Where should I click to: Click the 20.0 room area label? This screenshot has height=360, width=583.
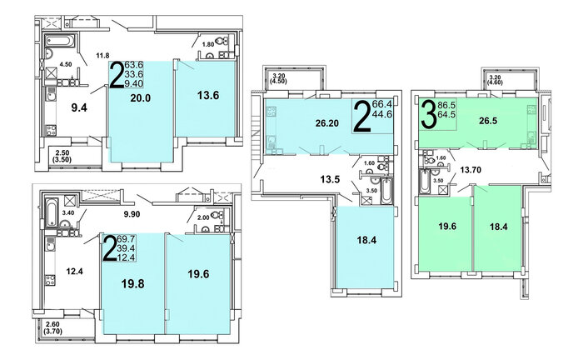click(140, 98)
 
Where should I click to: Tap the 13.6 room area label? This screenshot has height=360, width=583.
click(208, 96)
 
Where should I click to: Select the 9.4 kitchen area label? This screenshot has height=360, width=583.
click(79, 107)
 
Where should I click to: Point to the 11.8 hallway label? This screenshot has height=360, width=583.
click(102, 56)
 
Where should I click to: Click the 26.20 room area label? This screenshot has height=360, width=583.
click(327, 123)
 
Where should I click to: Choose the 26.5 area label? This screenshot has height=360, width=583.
click(488, 121)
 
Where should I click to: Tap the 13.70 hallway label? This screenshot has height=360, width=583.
click(471, 170)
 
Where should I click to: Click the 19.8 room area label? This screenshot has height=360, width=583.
click(132, 284)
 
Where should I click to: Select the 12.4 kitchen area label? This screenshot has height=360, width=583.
click(74, 272)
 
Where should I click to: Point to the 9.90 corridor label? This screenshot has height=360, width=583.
click(132, 214)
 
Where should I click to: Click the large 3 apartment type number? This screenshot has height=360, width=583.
click(429, 114)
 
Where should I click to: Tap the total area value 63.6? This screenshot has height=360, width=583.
click(134, 66)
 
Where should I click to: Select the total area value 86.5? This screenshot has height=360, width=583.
click(447, 105)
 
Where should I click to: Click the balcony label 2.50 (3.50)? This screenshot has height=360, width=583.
click(63, 156)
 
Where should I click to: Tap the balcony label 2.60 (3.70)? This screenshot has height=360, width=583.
click(52, 327)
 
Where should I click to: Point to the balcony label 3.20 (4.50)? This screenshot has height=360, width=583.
click(279, 78)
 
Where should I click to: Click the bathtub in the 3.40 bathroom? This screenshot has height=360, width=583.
click(52, 212)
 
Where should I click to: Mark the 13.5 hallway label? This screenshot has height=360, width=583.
click(330, 180)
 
